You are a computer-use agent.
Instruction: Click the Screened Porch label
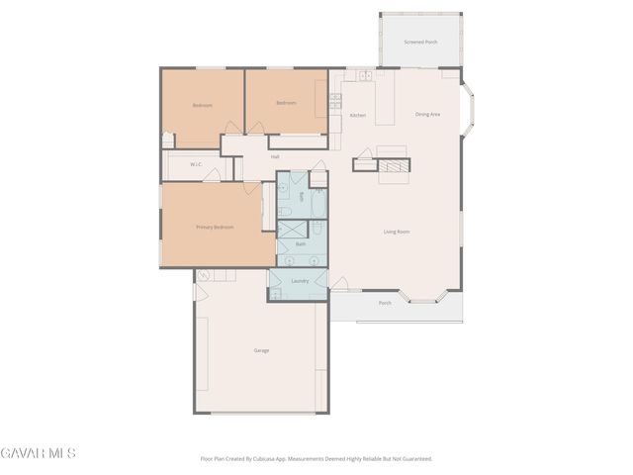pos(421,43)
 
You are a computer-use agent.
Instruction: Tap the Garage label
pos(261,350)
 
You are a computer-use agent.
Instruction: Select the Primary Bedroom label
pos(215,228)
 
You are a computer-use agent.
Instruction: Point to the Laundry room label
pos(301,281)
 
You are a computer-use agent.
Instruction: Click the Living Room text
pos(397,233)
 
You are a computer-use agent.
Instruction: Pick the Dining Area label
pos(427,115)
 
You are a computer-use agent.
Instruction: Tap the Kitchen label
pos(357,116)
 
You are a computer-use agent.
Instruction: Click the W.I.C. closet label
pos(196,164)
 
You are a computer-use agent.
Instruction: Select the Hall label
pos(274,156)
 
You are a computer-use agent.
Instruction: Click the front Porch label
pos(385,303)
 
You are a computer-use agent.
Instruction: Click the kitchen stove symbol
pos(335,99)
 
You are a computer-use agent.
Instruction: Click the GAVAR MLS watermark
pos(38,453)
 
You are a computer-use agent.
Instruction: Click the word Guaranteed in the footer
pos(416,459)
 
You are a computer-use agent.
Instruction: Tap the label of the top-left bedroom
pos(202,105)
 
